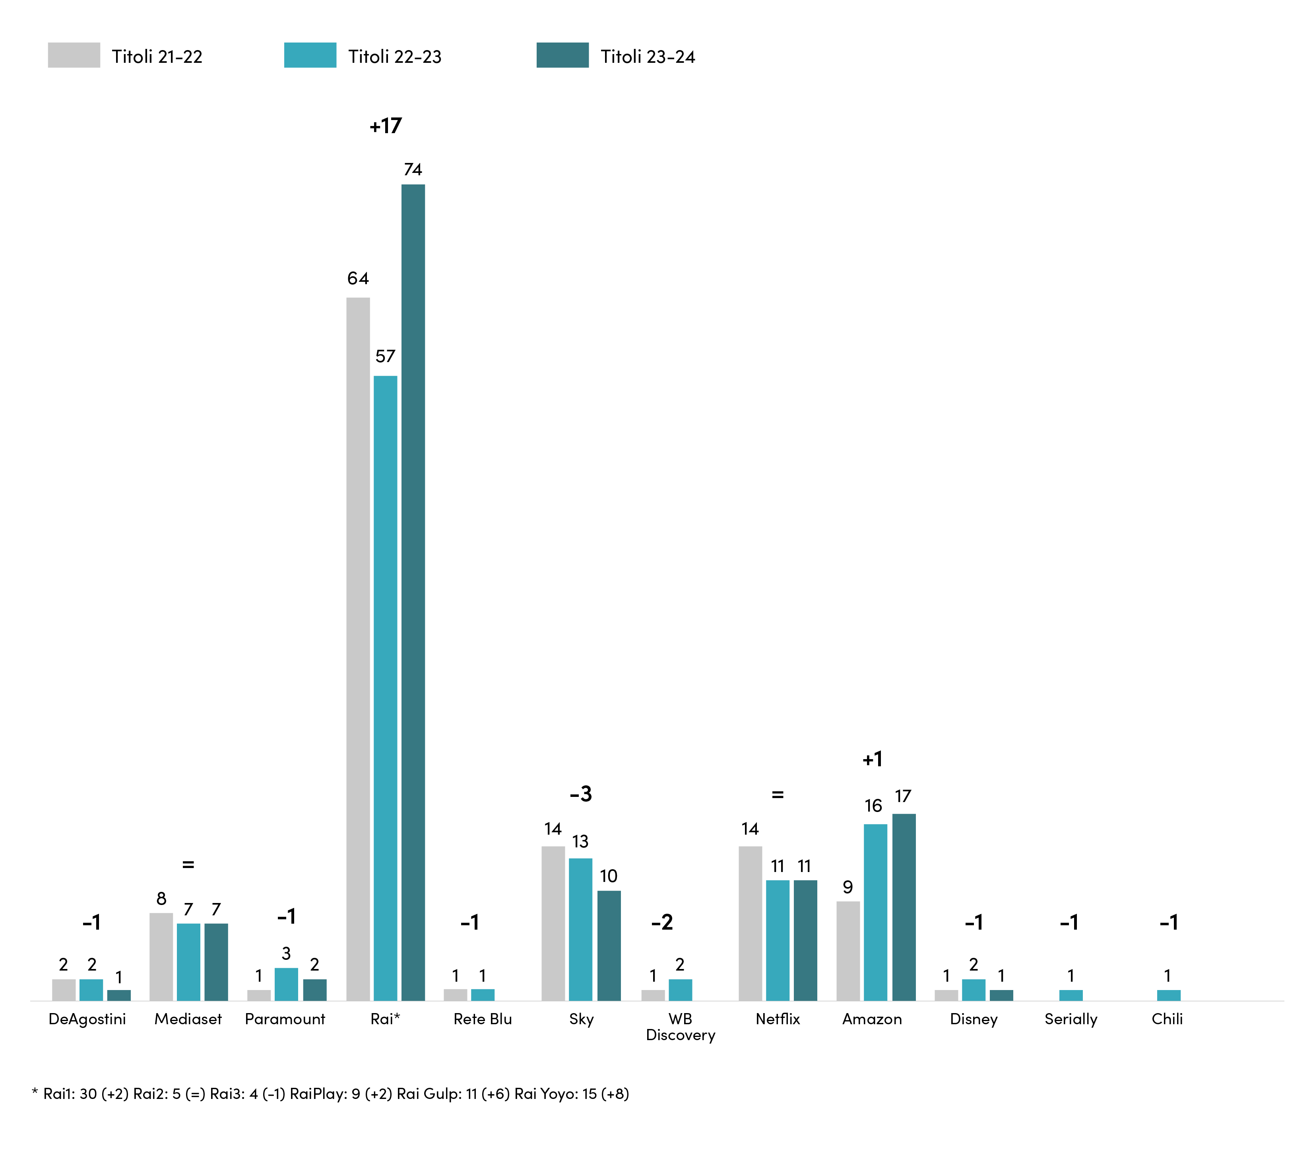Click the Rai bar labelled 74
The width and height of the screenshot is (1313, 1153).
click(413, 592)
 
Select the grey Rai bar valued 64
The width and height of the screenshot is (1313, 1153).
click(358, 649)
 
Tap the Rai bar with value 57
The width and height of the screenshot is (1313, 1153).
click(386, 688)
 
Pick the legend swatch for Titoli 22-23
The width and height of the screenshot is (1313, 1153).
click(310, 55)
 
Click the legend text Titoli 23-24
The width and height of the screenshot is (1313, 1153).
click(648, 56)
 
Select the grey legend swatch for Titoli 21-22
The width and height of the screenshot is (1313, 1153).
click(74, 55)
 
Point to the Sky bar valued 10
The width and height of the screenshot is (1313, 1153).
click(609, 946)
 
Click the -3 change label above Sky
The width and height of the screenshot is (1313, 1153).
click(581, 794)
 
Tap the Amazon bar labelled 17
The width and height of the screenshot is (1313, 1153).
click(904, 907)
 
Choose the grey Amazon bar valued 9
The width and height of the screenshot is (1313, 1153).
click(848, 951)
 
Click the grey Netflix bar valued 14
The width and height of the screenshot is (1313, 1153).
click(750, 923)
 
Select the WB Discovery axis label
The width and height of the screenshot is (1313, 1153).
click(680, 1027)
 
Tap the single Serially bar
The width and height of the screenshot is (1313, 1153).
click(1071, 995)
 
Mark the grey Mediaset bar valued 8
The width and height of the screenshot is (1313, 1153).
click(161, 956)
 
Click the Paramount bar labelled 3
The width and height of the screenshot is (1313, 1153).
click(287, 984)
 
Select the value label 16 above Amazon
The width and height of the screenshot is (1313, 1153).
click(873, 806)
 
